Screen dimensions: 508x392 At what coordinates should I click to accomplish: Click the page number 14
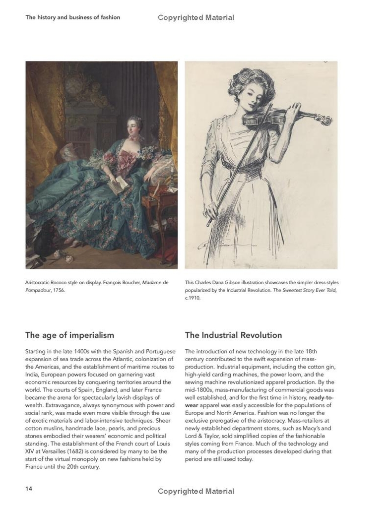click(x=29, y=489)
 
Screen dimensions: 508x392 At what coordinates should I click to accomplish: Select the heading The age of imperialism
click(x=69, y=335)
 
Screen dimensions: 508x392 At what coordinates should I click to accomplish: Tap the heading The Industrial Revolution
click(x=233, y=335)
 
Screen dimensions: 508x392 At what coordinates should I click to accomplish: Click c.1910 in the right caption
click(x=192, y=299)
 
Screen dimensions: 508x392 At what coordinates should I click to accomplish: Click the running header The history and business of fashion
click(x=72, y=17)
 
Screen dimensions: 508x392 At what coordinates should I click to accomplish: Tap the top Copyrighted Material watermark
click(x=196, y=18)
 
